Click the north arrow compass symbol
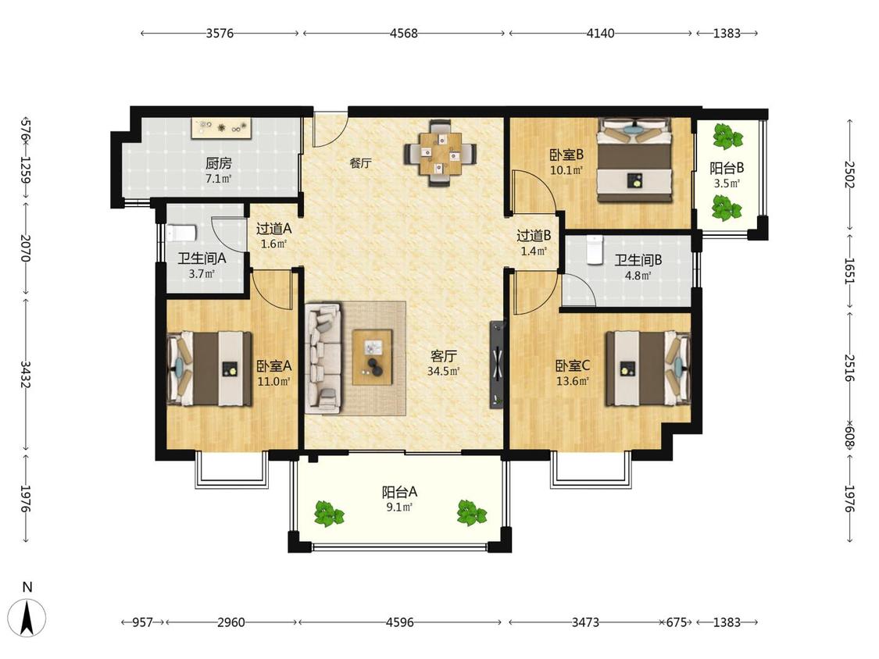click(x=27, y=616)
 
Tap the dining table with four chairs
click(x=441, y=152)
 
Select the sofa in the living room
click(x=323, y=358)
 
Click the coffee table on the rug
click(x=372, y=357)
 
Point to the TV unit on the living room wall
click(x=497, y=364)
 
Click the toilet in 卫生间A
click(x=180, y=233)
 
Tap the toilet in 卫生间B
click(x=594, y=249)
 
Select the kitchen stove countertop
click(x=221, y=128)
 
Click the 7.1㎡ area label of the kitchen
click(x=218, y=180)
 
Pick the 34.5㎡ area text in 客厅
click(x=444, y=371)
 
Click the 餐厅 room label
click(x=360, y=163)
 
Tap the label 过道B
click(x=533, y=236)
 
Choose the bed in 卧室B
click(x=634, y=160)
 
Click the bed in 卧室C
click(x=648, y=369)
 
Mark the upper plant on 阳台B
click(x=727, y=136)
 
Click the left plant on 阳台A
click(x=328, y=514)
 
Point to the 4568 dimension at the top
click(x=404, y=33)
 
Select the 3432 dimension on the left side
click(x=25, y=374)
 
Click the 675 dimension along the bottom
click(x=676, y=622)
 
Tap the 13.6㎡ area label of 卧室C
click(x=573, y=382)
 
